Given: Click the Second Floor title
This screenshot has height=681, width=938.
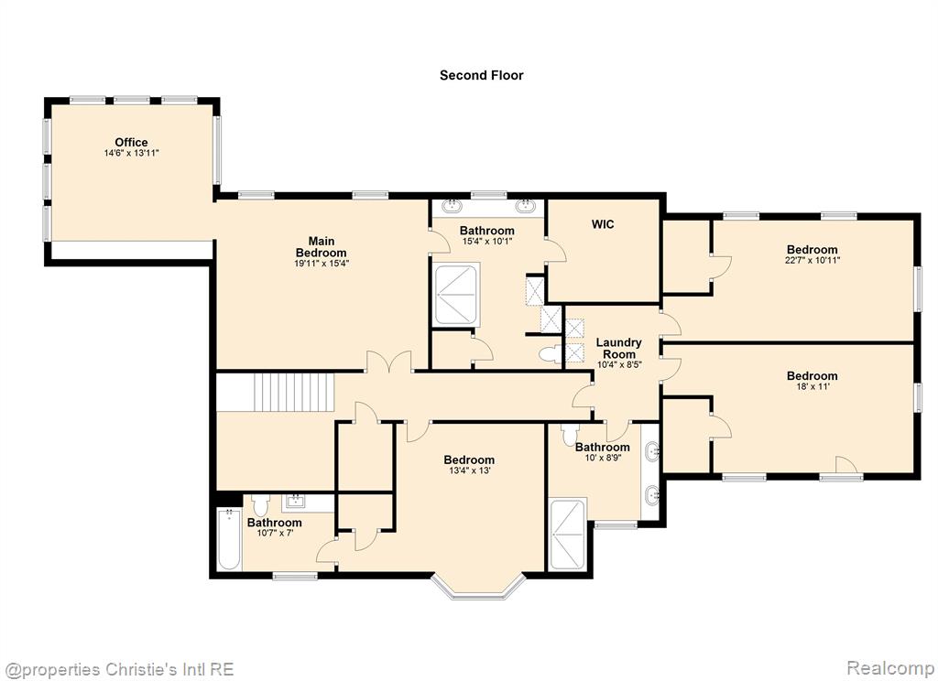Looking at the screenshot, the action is click(482, 75).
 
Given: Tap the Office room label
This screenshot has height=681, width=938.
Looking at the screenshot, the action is click(131, 142).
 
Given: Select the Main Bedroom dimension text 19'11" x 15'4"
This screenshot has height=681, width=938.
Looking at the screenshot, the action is click(322, 263).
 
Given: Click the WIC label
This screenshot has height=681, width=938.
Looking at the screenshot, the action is click(603, 224).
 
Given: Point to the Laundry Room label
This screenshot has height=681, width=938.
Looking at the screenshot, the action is click(618, 348).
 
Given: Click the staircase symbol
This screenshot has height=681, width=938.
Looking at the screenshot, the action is click(293, 392).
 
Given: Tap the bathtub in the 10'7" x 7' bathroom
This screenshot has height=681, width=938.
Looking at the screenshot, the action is click(229, 539).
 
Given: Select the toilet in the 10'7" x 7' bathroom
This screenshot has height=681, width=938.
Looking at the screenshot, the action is click(260, 506).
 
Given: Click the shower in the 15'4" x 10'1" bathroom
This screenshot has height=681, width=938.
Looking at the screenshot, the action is click(456, 294).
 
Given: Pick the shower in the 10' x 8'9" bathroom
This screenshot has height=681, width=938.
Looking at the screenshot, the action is click(567, 534).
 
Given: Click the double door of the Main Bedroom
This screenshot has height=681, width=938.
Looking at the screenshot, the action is click(388, 362).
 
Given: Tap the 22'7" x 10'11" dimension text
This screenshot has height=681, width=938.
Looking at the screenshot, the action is click(812, 260).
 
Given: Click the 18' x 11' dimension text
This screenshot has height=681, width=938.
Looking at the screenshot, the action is click(812, 386).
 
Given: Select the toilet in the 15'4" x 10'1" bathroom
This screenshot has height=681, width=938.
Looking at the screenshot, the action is click(550, 354).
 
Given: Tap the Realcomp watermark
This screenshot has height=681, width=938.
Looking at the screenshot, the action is click(890, 667).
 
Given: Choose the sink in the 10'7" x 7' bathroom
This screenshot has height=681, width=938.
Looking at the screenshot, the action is click(295, 501).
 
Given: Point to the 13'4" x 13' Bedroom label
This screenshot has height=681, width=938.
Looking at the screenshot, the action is click(469, 459).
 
